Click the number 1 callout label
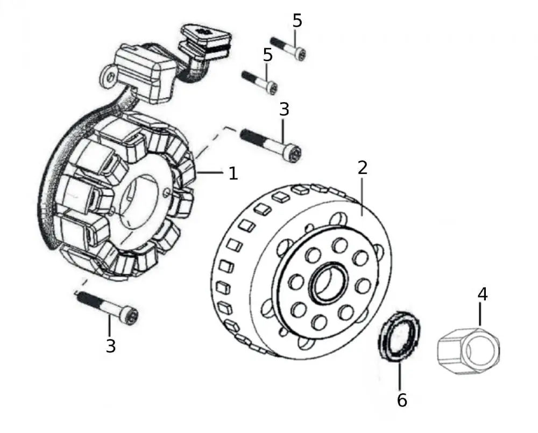tap(233, 173)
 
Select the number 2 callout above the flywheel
tap(362, 168)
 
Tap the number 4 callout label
tap(483, 294)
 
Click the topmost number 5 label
tap(298, 21)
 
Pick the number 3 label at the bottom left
tap(110, 346)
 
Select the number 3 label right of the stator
tap(284, 109)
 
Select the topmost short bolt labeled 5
tap(288, 48)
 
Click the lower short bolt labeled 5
tap(260, 82)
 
